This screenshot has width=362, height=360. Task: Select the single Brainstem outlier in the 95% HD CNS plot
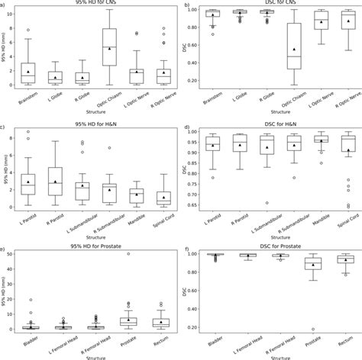pyautogui.click(x=29, y=30)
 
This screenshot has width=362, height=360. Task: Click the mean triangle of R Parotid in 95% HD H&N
pyautogui.click(x=56, y=182)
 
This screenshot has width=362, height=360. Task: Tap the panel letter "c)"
pyautogui.click(x=5, y=127)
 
